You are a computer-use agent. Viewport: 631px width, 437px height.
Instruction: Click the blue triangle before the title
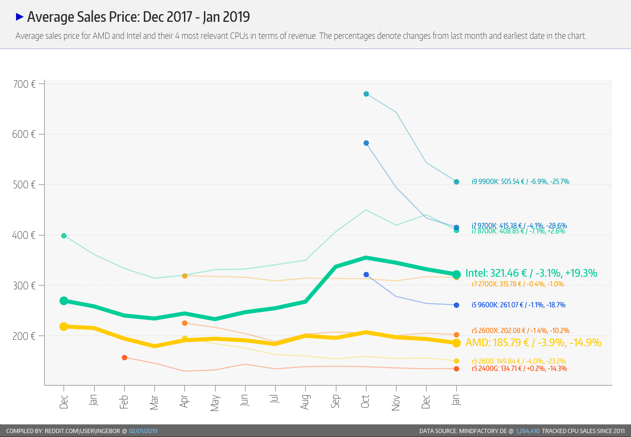pyautogui.click(x=20, y=17)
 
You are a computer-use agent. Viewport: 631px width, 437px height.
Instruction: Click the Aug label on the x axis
pyautogui.click(x=305, y=401)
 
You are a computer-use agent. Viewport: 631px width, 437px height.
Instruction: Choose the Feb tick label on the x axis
pyautogui.click(x=124, y=401)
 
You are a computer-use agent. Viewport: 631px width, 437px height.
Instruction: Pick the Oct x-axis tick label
pyautogui.click(x=365, y=401)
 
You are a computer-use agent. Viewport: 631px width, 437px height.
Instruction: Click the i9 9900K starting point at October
pyautogui.click(x=366, y=94)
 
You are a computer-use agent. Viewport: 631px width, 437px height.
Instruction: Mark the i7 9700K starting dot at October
pyautogui.click(x=366, y=143)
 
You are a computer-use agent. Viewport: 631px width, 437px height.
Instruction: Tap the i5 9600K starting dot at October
pyautogui.click(x=366, y=274)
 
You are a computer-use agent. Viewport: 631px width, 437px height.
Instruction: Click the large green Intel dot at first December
pyautogui.click(x=64, y=301)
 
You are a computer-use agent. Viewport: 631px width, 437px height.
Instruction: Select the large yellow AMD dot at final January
pyautogui.click(x=456, y=343)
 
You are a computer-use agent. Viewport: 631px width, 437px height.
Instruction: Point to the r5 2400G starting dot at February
pyautogui.click(x=124, y=357)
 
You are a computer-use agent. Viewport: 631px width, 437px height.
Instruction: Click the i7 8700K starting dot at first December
pyautogui.click(x=64, y=235)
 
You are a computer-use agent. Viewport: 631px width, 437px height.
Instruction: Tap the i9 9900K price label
pyautogui.click(x=520, y=182)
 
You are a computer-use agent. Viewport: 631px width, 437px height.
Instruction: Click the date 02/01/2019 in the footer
pyautogui.click(x=143, y=431)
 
